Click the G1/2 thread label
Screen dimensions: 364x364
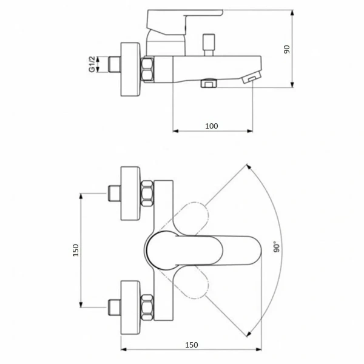coord(92,64)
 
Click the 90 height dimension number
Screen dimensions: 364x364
coord(287,50)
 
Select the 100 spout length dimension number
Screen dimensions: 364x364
coord(212,126)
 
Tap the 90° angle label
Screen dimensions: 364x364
coord(276,247)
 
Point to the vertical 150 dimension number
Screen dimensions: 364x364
coord(76,250)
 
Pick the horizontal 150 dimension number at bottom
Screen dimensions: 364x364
coord(192,345)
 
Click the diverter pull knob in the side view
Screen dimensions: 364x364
coord(209,45)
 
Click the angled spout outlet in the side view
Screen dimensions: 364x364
coord(252,78)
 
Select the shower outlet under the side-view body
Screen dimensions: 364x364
coord(209,83)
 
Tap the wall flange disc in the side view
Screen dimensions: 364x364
coord(130,69)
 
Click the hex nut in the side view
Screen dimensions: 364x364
coord(147,69)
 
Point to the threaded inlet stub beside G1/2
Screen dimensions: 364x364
coord(115,64)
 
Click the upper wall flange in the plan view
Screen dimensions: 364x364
coord(130,194)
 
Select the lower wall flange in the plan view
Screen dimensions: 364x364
coord(130,308)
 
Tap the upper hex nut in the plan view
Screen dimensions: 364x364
coord(147,194)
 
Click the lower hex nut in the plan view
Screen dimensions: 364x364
coord(147,308)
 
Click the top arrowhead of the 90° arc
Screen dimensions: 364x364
coord(248,166)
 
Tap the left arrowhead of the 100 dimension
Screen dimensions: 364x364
coord(176,131)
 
